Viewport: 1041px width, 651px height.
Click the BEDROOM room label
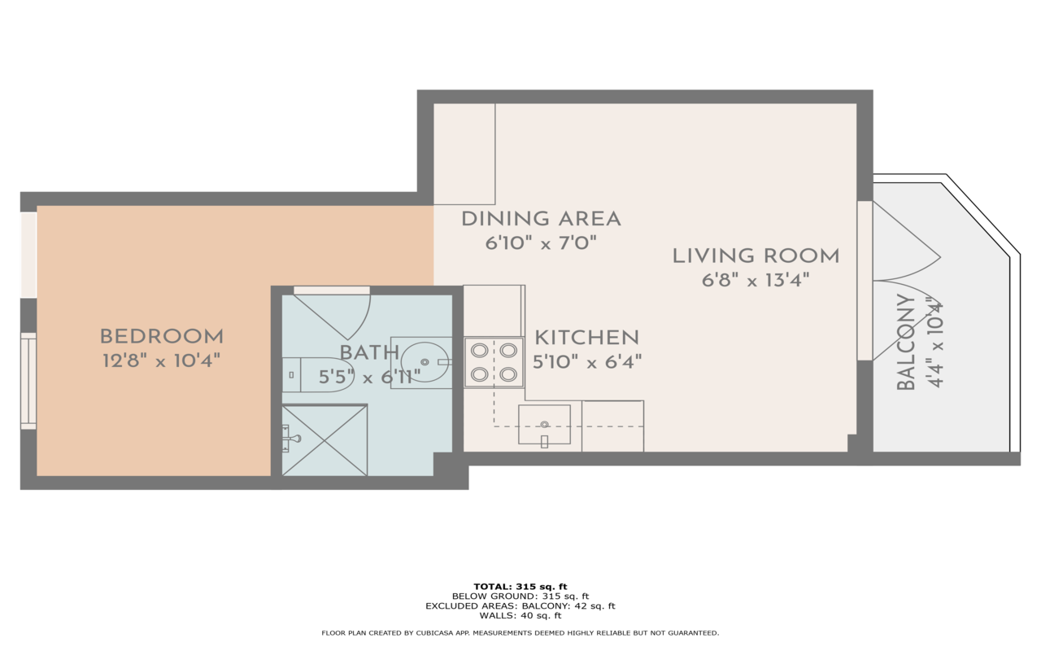(162, 336)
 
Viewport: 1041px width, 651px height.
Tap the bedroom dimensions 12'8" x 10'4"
(161, 360)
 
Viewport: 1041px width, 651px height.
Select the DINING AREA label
(541, 219)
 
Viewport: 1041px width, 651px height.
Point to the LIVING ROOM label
(756, 256)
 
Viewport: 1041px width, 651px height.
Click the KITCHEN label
(587, 338)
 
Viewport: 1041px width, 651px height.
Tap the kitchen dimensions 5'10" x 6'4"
(587, 362)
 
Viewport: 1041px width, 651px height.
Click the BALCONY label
(906, 342)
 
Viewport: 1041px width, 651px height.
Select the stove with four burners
(494, 362)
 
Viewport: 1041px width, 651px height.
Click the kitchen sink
(544, 425)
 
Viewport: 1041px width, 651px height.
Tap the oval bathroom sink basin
(425, 362)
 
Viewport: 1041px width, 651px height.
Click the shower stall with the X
(324, 440)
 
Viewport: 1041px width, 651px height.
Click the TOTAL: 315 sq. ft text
(520, 587)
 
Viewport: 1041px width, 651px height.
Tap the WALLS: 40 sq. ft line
(520, 616)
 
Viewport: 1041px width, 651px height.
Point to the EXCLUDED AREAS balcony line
(520, 606)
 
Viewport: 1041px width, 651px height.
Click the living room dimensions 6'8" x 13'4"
(756, 281)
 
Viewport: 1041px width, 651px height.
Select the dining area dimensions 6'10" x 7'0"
(541, 242)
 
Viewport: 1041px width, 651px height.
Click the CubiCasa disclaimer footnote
(520, 633)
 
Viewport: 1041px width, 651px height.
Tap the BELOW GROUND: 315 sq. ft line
(520, 596)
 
